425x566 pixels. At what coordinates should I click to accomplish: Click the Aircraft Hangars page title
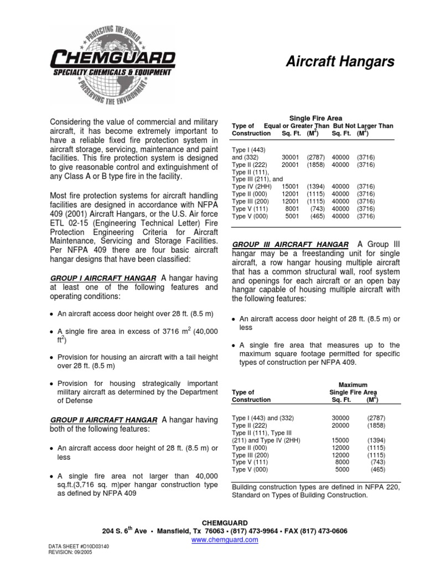click(340, 62)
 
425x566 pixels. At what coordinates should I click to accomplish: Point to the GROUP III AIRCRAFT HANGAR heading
click(291, 245)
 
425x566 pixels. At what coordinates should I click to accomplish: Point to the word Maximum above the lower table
click(353, 385)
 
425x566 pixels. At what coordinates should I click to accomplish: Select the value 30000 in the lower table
click(341, 418)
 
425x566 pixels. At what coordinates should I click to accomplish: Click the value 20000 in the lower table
click(341, 426)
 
